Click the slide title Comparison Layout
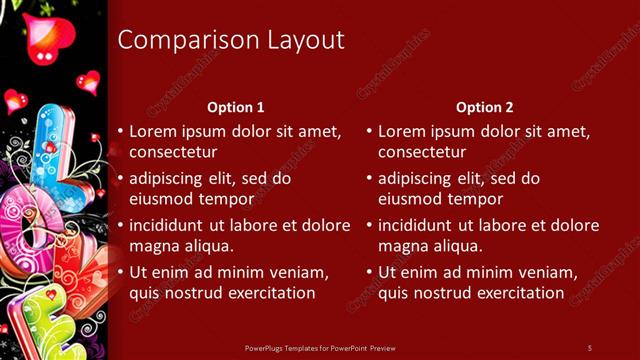coord(231,40)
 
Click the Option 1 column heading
coord(236,107)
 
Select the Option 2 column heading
coord(485,107)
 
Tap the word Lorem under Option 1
coord(153,131)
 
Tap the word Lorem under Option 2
coord(402,131)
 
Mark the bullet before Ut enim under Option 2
coord(370,272)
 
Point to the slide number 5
coord(589,347)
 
